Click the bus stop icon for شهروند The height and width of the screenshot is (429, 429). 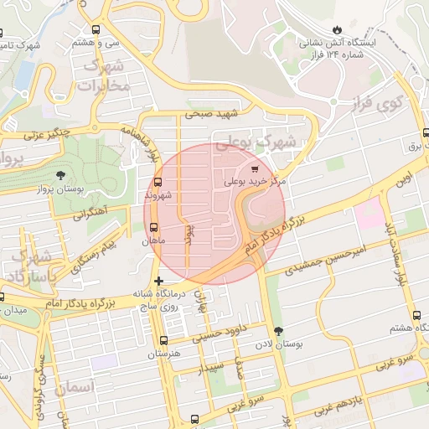[158, 182]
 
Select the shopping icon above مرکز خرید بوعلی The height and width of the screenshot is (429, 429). [254, 168]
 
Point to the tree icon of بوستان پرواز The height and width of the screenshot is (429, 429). [61, 174]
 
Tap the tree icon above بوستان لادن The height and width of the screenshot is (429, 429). [279, 331]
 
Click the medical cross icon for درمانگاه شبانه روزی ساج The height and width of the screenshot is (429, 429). [158, 282]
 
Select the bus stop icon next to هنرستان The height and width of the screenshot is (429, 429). [163, 341]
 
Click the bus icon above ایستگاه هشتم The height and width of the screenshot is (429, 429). [416, 315]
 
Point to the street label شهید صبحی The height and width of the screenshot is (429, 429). [213, 113]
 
